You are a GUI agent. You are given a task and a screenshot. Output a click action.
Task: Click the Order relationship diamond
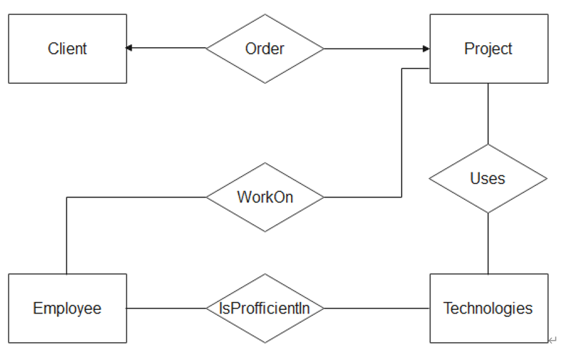pyautogui.click(x=265, y=49)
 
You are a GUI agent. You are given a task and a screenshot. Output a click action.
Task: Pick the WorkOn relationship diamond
pyautogui.click(x=265, y=197)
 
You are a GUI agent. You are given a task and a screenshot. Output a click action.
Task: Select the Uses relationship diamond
pyautogui.click(x=488, y=178)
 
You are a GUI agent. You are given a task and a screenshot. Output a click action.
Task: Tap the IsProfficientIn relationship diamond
pyautogui.click(x=265, y=308)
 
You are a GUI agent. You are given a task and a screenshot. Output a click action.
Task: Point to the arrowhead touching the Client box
pyautogui.click(x=129, y=49)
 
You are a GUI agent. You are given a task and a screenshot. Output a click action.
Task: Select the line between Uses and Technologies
pyautogui.click(x=488, y=243)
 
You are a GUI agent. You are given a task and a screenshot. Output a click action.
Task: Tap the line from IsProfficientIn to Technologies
pyautogui.click(x=376, y=308)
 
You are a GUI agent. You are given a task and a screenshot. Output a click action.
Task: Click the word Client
pyautogui.click(x=67, y=49)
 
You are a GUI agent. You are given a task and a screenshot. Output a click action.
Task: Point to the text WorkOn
pyautogui.click(x=265, y=197)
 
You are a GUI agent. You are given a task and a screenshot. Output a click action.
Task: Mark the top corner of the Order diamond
pyautogui.click(x=265, y=15)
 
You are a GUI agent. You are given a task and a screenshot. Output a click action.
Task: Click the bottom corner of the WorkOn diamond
pyautogui.click(x=265, y=231)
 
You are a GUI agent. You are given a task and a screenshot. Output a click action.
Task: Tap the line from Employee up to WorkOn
pyautogui.click(x=67, y=236)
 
